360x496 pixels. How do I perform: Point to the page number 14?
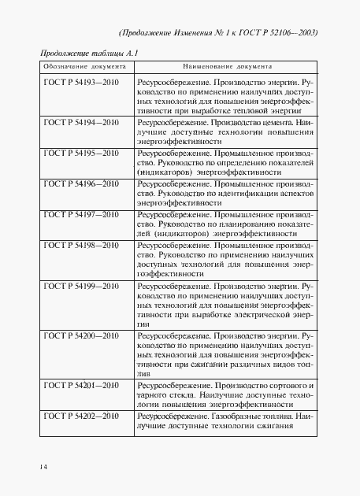44,467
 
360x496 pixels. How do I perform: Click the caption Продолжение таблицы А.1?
86,52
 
